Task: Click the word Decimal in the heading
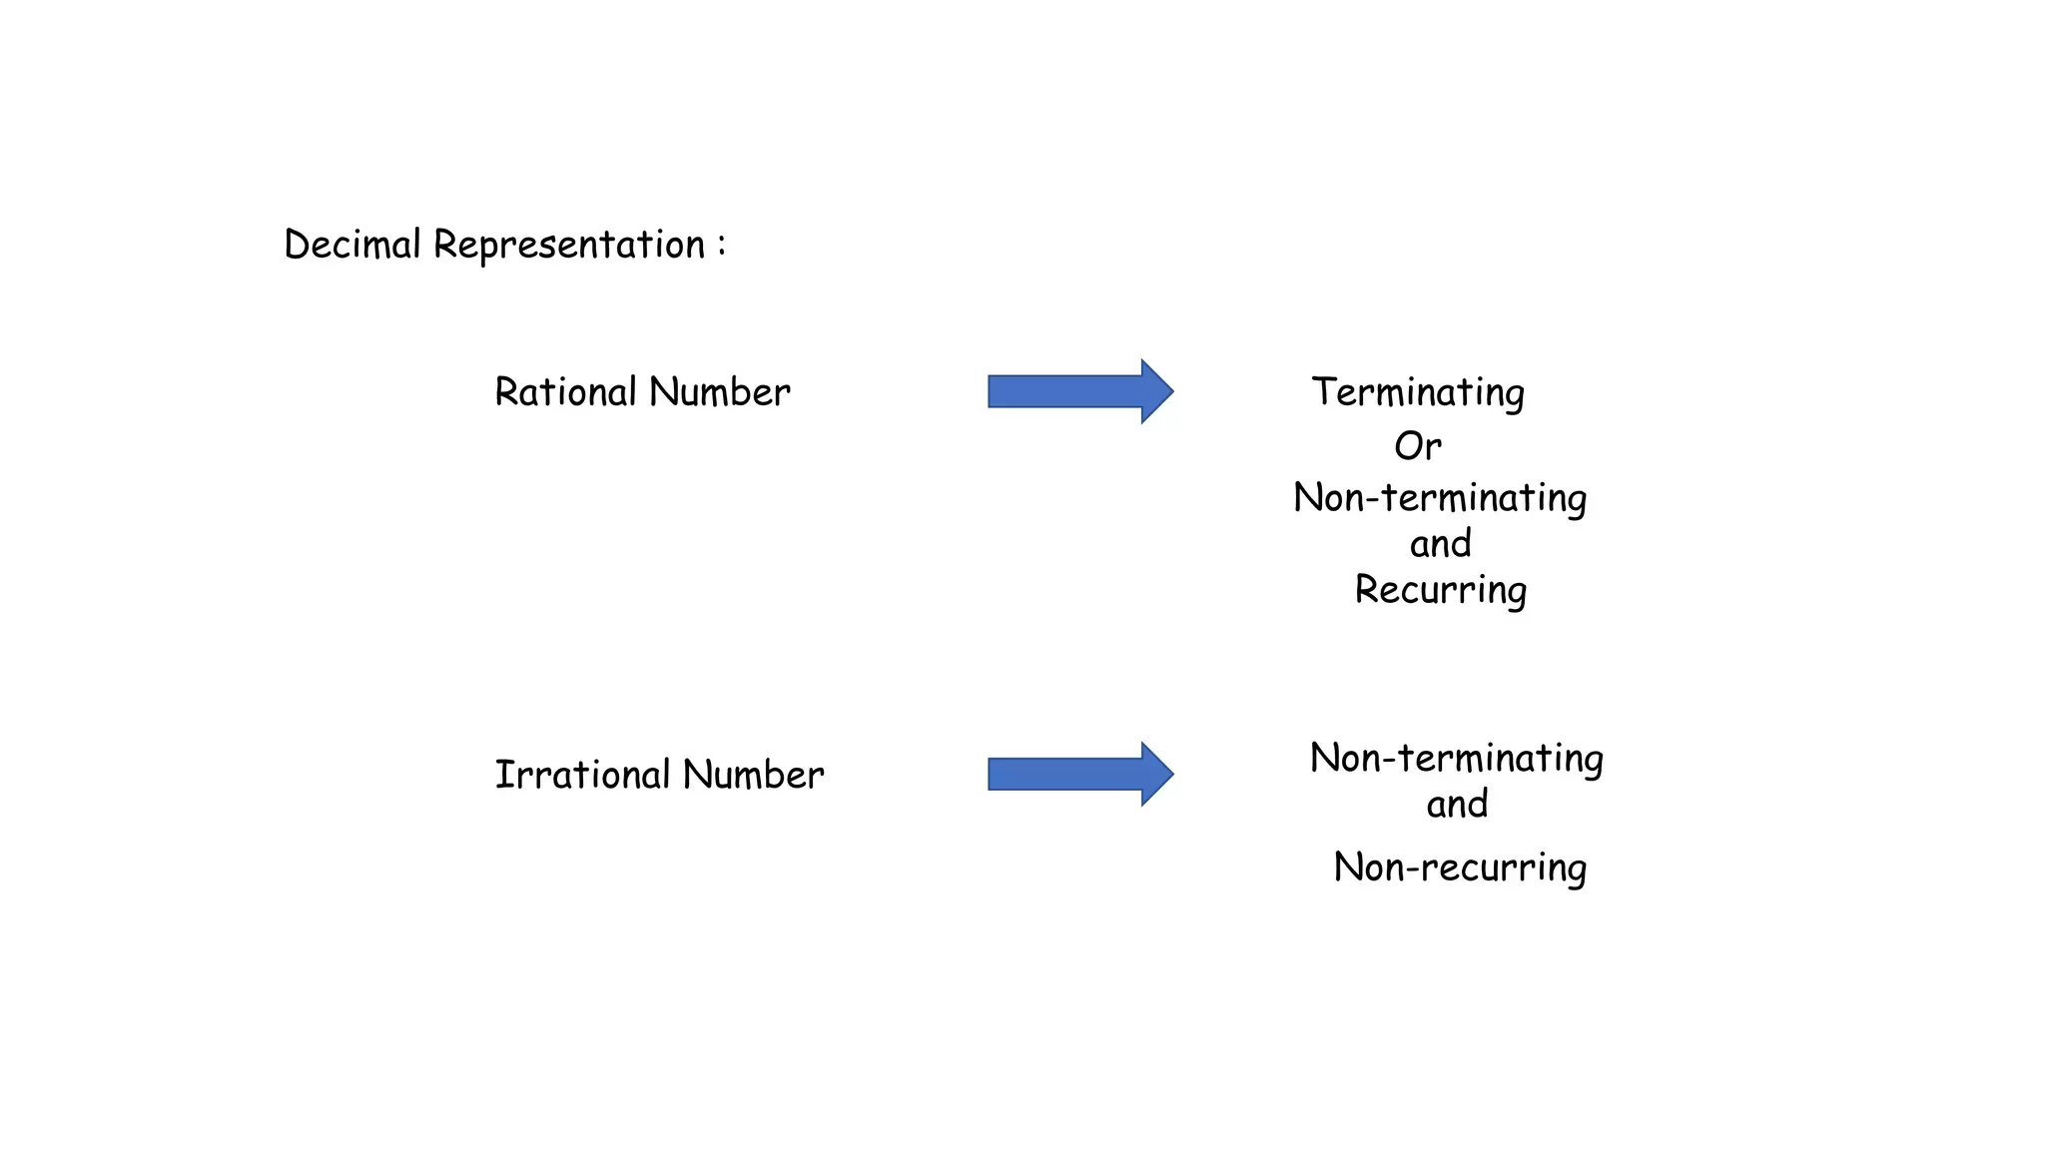pyautogui.click(x=351, y=245)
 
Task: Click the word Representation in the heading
pyautogui.click(x=569, y=245)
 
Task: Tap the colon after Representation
pyautogui.click(x=721, y=245)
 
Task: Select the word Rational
pyautogui.click(x=565, y=391)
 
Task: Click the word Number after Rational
pyautogui.click(x=719, y=391)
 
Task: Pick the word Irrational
pyautogui.click(x=582, y=775)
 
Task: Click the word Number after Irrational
pyautogui.click(x=753, y=775)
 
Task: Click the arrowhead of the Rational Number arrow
pyautogui.click(x=1155, y=391)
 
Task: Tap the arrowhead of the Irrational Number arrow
pyautogui.click(x=1155, y=774)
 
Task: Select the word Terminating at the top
pyautogui.click(x=1418, y=392)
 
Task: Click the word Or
pyautogui.click(x=1418, y=445)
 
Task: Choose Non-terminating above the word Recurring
pyautogui.click(x=1440, y=497)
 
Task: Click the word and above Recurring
pyautogui.click(x=1440, y=544)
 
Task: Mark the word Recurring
pyautogui.click(x=1440, y=590)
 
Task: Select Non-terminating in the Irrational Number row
pyautogui.click(x=1456, y=758)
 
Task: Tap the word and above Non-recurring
pyautogui.click(x=1457, y=804)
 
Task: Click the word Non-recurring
pyautogui.click(x=1459, y=866)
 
